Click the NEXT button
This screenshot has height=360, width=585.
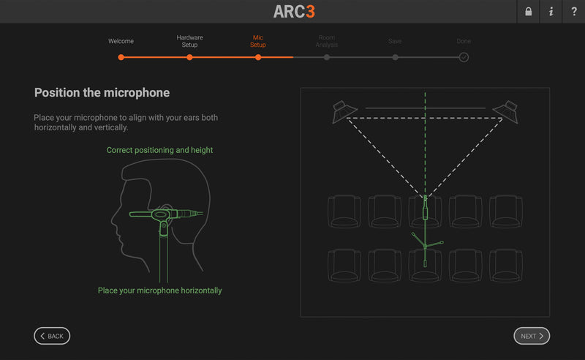point(532,336)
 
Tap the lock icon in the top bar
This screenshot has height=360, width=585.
point(528,12)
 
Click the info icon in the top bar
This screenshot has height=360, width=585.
point(551,12)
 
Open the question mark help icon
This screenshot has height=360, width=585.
point(574,12)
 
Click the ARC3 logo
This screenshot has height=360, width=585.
point(294,12)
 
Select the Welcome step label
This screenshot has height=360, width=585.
point(121,41)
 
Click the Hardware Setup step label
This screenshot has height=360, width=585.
point(189,41)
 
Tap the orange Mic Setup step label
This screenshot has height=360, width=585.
point(258,41)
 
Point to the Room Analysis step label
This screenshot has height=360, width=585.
point(326,41)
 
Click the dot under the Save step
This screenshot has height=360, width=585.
point(395,58)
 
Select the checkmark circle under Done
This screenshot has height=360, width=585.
point(464,58)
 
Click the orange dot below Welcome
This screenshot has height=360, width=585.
point(121,58)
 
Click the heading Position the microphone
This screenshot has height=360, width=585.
point(102,93)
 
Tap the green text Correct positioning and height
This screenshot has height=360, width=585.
point(159,150)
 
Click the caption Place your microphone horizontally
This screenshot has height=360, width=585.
point(159,290)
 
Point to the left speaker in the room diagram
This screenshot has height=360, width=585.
point(344,112)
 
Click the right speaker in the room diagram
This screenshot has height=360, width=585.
point(505,112)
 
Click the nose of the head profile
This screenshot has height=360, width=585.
point(113,221)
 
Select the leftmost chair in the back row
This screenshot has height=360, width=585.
point(344,266)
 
